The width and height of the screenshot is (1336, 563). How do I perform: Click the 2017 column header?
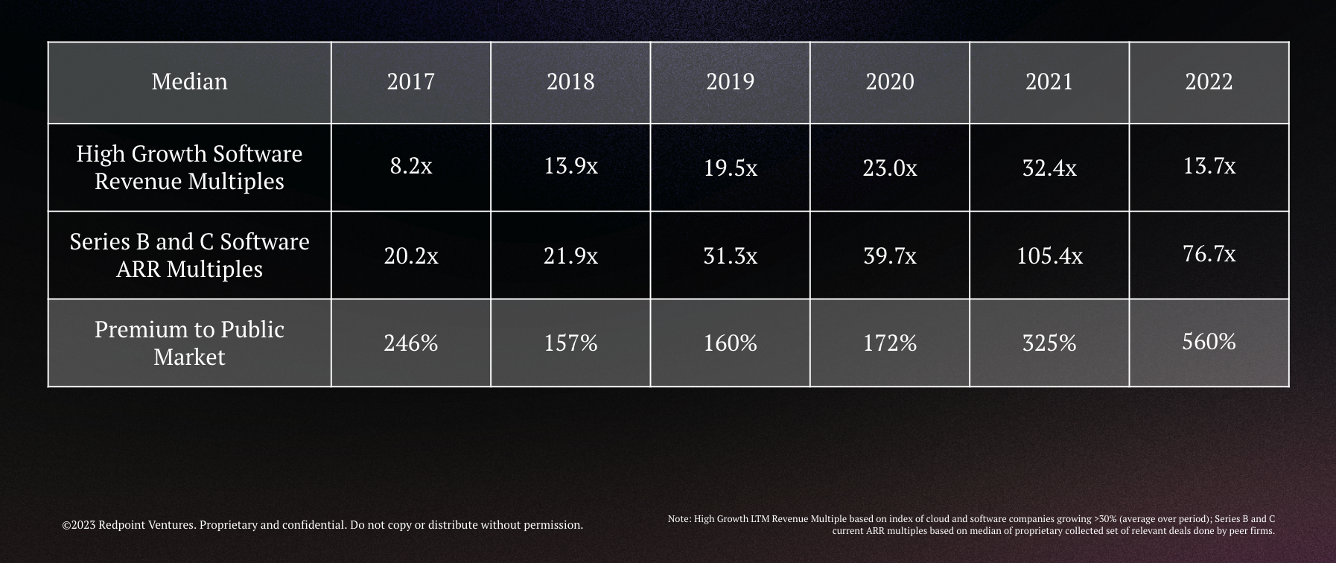coord(410,81)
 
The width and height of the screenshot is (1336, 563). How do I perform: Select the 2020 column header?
coord(889,81)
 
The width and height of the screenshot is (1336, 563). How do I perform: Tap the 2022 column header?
coord(1209,81)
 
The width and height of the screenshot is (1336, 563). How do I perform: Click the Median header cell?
coord(189,81)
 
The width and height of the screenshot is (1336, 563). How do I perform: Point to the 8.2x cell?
coord(410,166)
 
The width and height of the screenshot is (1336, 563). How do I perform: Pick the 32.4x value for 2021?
coord(1049,168)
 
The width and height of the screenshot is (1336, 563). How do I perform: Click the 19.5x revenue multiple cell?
coord(730,168)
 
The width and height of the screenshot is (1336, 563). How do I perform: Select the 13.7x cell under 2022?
coord(1209,166)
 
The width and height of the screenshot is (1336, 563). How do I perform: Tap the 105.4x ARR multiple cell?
coord(1049,256)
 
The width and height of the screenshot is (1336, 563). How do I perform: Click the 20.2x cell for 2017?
coord(410,256)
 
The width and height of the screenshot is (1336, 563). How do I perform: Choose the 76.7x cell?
coord(1209,254)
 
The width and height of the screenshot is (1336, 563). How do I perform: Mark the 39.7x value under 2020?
coord(889,256)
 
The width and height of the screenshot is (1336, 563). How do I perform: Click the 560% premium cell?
coord(1209,342)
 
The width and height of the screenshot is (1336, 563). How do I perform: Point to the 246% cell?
coord(410,343)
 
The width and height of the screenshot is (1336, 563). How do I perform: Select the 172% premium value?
coord(889,343)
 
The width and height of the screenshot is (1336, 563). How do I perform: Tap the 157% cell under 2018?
coord(570,343)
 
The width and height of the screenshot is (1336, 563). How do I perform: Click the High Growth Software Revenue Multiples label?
coord(189,168)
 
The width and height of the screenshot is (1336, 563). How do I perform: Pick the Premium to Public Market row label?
coord(189,343)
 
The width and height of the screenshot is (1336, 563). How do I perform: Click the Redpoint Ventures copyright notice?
coord(322,525)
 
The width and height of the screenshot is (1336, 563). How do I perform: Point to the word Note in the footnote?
coord(678,519)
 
